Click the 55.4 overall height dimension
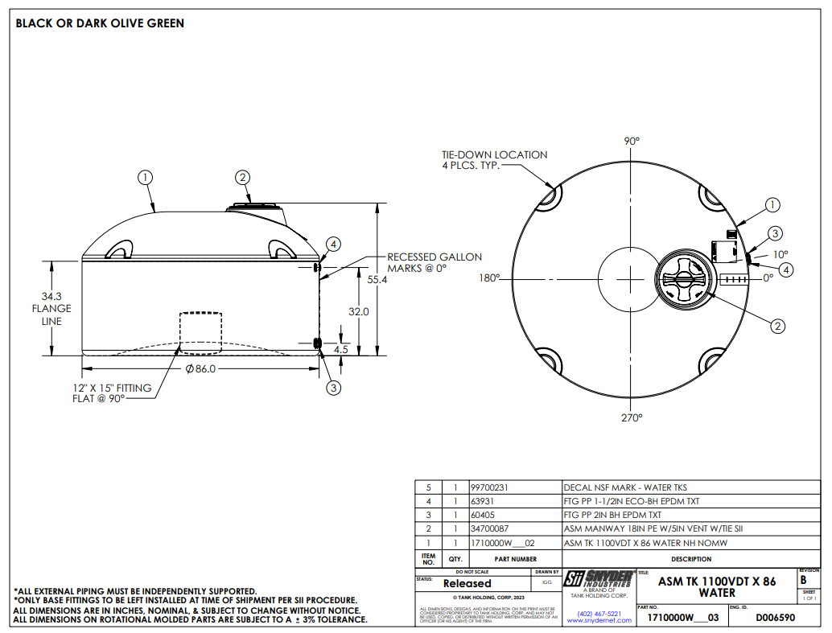click(377, 280)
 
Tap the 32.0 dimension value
click(358, 311)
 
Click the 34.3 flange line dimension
click(51, 308)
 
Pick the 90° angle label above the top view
click(632, 141)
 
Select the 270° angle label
click(632, 417)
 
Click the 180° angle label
click(488, 278)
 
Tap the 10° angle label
click(781, 254)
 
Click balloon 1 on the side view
click(145, 177)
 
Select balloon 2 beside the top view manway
click(777, 326)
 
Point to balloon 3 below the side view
click(333, 388)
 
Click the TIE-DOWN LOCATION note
click(494, 160)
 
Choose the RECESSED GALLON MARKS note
click(435, 262)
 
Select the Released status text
click(467, 583)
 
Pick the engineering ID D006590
click(776, 618)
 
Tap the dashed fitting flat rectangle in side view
click(200, 331)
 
